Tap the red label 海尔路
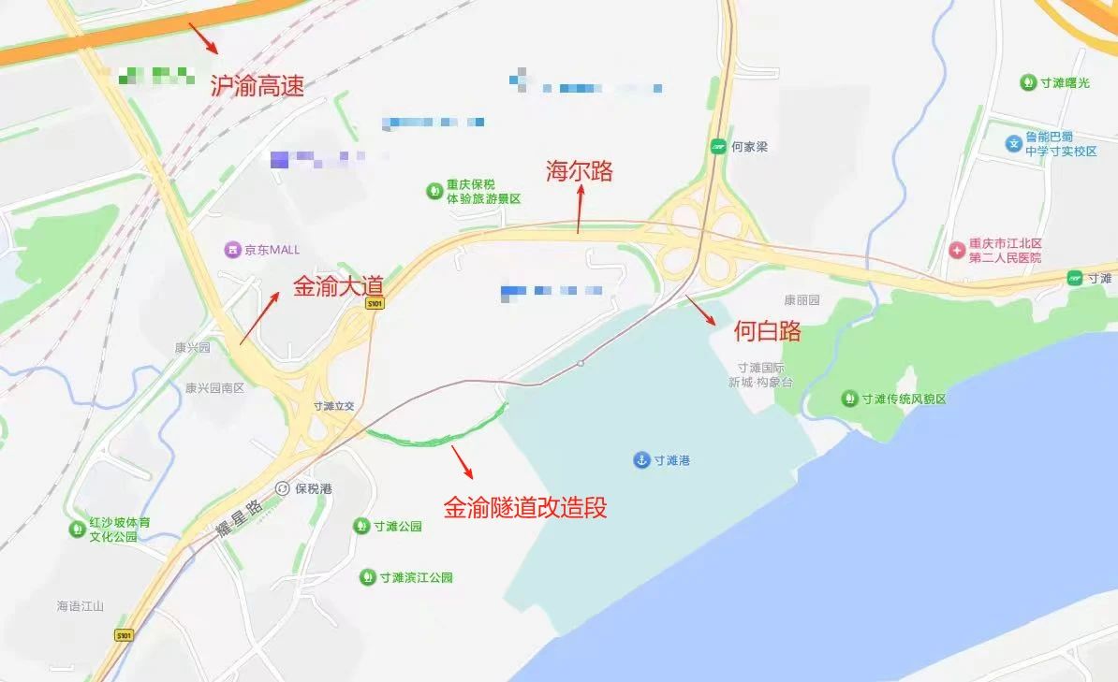(x=580, y=171)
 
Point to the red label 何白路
(x=767, y=330)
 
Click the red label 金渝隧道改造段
(x=525, y=507)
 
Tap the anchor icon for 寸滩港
(x=641, y=459)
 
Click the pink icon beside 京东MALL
(x=231, y=250)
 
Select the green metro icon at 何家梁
(x=718, y=146)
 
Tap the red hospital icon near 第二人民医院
(x=956, y=250)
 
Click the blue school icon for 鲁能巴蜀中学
(x=1012, y=143)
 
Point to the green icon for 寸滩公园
(x=360, y=526)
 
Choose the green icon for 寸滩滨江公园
(x=366, y=577)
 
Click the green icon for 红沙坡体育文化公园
(x=76, y=530)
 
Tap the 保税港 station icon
(x=283, y=488)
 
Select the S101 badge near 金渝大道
(x=375, y=304)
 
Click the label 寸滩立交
(x=335, y=406)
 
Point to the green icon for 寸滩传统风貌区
(x=849, y=399)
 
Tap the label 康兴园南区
(x=213, y=387)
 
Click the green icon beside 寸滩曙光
(x=1027, y=82)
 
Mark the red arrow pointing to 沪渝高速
(x=203, y=36)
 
